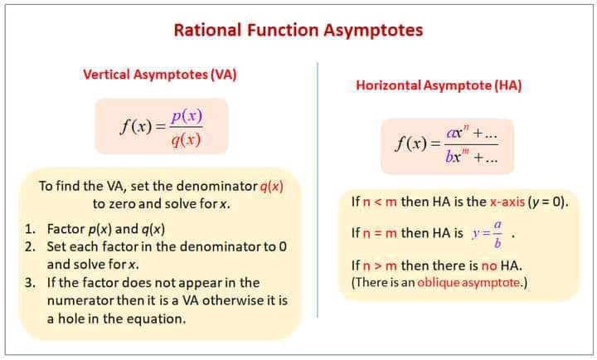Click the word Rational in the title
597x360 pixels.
tap(207, 30)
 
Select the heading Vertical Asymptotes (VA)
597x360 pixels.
tap(160, 75)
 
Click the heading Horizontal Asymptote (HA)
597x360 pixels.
tap(439, 85)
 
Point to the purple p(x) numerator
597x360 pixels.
tap(187, 116)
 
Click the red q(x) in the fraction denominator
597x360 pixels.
tap(186, 140)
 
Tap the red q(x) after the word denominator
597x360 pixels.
tap(271, 187)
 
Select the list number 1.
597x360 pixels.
tap(30, 229)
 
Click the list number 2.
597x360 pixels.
tap(30, 247)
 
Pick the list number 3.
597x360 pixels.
tap(30, 283)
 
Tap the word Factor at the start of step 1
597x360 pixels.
tap(66, 229)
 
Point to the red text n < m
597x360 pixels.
tap(380, 202)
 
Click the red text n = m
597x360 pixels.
tap(380, 233)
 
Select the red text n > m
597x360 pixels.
tap(380, 265)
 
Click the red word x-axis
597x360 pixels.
tap(507, 202)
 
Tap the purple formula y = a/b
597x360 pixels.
tap(488, 234)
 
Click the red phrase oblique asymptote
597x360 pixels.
tap(468, 283)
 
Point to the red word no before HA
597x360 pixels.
tap(489, 265)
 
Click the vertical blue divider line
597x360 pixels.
tap(318, 190)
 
